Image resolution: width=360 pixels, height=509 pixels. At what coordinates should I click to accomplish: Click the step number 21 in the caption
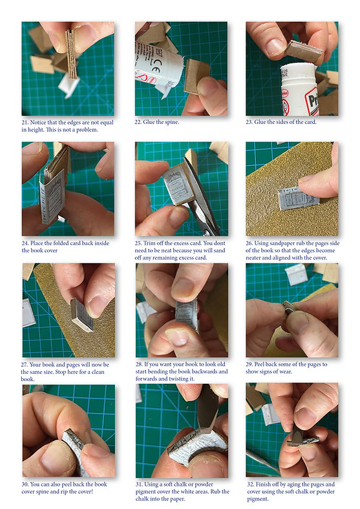(x=25, y=122)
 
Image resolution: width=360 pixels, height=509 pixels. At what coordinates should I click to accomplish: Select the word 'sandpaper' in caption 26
(x=281, y=243)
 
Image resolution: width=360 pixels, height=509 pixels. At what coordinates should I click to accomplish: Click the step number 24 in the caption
(x=25, y=243)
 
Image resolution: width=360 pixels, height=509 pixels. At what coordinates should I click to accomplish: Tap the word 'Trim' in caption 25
(x=149, y=243)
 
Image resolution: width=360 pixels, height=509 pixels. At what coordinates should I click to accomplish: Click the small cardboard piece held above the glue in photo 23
(x=303, y=51)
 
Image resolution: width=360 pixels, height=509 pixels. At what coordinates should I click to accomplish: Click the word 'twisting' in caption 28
(x=178, y=379)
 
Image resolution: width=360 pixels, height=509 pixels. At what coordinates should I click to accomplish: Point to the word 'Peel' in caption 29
(x=260, y=364)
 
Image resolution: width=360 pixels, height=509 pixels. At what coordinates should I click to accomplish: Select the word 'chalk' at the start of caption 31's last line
(x=142, y=499)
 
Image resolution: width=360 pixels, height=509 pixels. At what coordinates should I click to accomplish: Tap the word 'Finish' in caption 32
(x=264, y=484)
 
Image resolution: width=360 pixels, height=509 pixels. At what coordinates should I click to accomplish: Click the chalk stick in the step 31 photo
(x=207, y=408)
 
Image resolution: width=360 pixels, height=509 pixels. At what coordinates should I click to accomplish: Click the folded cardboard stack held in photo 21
(x=72, y=54)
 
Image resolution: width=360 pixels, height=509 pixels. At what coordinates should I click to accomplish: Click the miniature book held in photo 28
(x=187, y=315)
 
